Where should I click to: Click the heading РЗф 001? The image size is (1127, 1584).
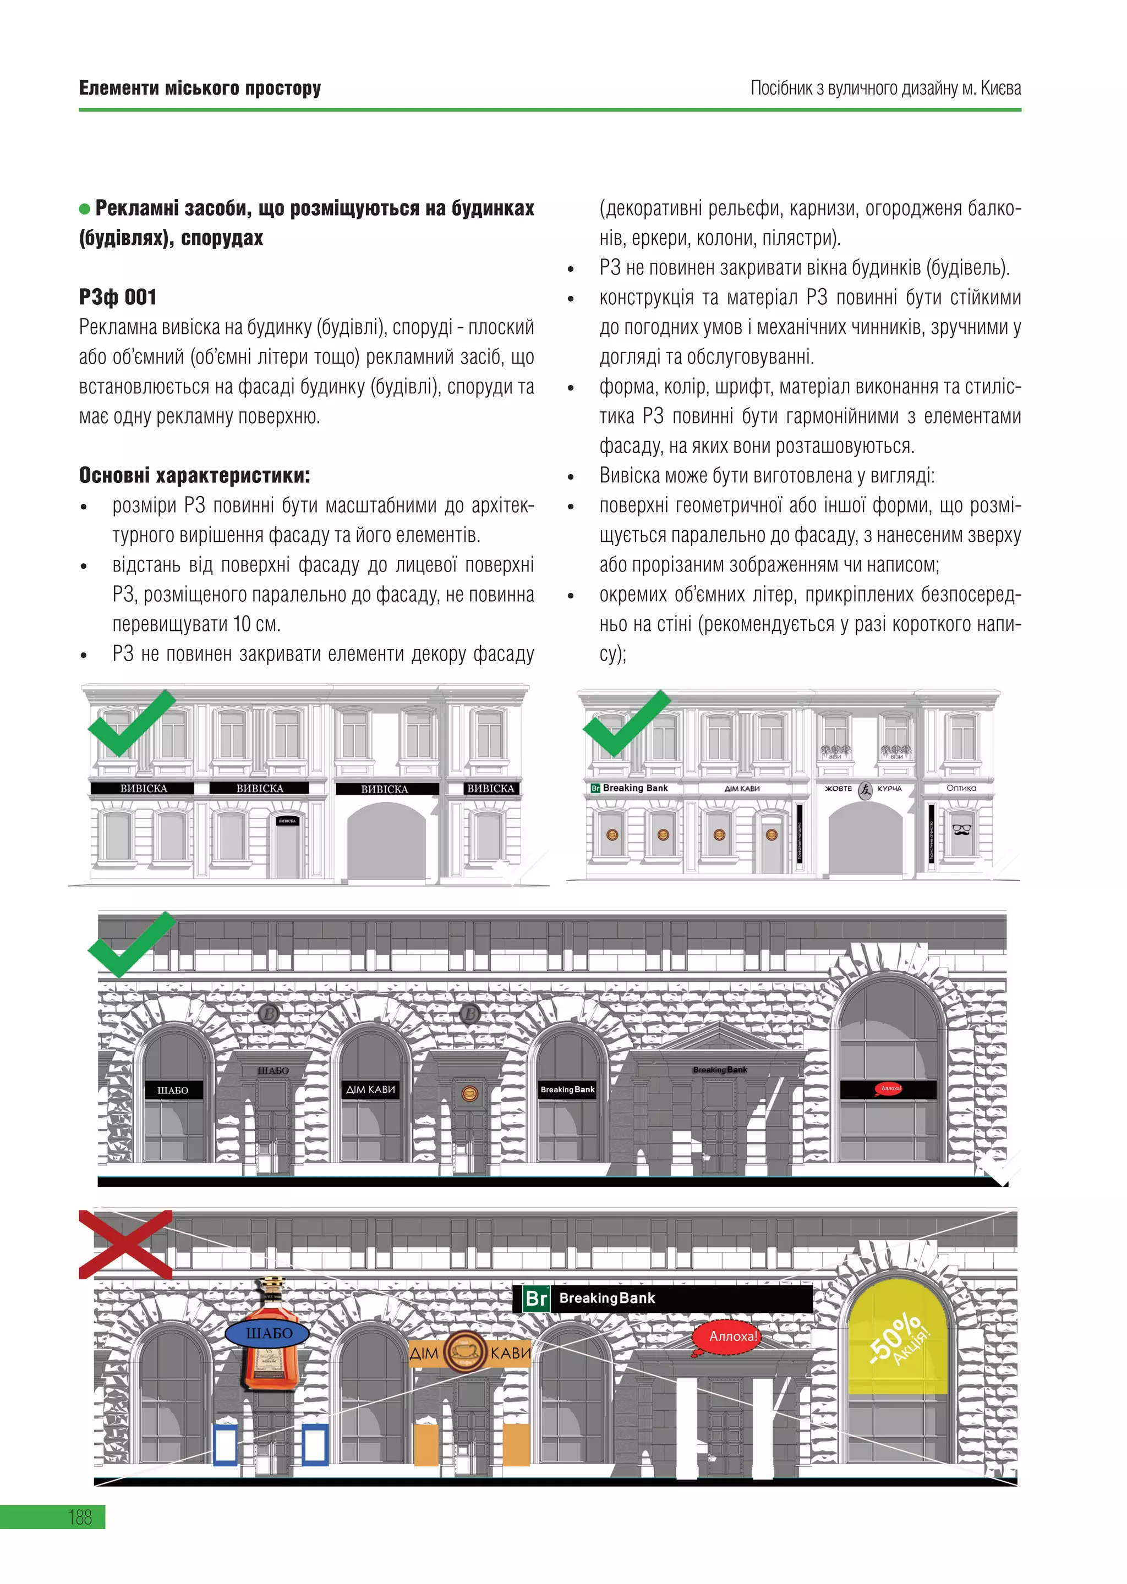(118, 298)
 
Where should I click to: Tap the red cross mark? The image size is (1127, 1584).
(125, 1244)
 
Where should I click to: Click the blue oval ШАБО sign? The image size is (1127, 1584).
(269, 1333)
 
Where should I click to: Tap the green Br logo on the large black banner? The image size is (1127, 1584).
(537, 1298)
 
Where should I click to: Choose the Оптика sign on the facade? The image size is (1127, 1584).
(961, 788)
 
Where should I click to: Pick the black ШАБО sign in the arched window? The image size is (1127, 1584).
(173, 1090)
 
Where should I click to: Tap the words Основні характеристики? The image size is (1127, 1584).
(194, 476)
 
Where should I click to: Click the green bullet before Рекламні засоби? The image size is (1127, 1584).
(85, 209)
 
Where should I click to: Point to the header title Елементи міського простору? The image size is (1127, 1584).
(200, 88)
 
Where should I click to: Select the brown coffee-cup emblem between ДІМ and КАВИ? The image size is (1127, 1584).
(464, 1351)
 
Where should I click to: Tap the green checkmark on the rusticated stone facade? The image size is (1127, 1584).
(130, 944)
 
